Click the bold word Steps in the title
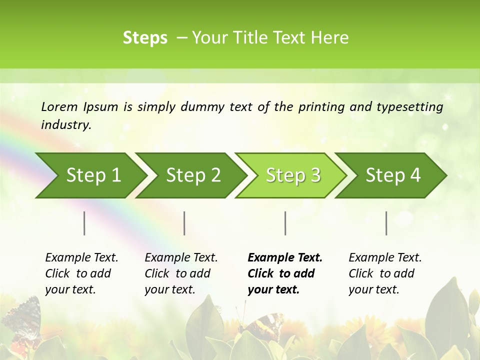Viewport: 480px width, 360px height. point(145,38)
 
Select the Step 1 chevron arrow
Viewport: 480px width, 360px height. point(90,175)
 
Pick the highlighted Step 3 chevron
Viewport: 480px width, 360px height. point(292,175)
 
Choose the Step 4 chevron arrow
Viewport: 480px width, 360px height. point(392,175)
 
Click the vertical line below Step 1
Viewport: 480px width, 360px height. point(84,223)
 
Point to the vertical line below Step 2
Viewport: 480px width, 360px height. point(184,223)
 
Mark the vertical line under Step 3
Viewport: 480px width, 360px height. point(285,223)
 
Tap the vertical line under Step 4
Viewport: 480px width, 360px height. point(386,223)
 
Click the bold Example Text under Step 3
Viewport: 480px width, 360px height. point(285,273)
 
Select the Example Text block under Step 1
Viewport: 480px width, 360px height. point(81,273)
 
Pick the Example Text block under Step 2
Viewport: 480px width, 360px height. point(181,273)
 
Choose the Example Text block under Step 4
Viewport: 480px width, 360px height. point(385,273)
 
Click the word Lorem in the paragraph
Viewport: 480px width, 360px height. point(59,107)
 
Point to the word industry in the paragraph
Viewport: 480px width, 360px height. point(66,125)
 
